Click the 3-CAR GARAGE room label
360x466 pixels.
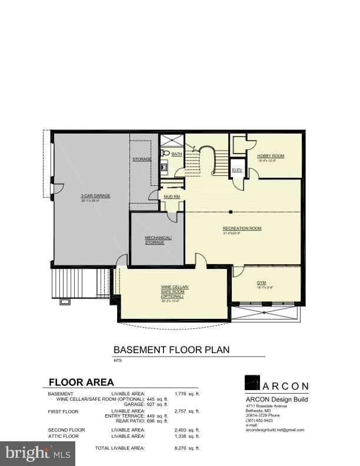95,196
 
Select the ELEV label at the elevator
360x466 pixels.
237,169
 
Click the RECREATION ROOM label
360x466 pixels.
242,228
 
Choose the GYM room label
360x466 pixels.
261,282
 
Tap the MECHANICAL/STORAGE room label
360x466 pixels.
158,240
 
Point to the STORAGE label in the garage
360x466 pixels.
142,159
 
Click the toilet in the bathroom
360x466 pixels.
165,153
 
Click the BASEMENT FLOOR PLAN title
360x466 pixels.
171,349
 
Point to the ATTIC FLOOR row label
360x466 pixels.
64,436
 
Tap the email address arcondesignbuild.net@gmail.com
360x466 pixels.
275,430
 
